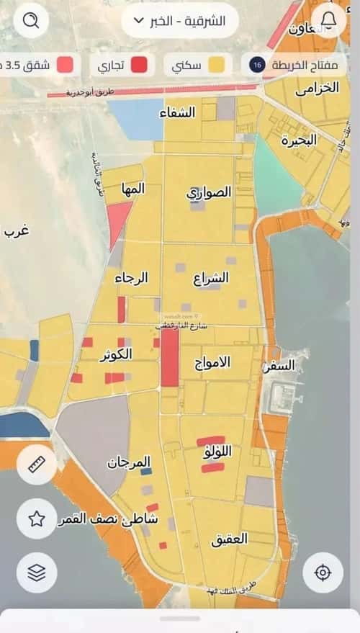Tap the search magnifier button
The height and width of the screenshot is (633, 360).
tap(31, 21)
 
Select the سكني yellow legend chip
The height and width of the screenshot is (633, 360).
tap(198, 66)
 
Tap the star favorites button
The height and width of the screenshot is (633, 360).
tap(37, 518)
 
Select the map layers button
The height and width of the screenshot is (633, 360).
tap(37, 573)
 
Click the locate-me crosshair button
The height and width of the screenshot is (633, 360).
tap(323, 573)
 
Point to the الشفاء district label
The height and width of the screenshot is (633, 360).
tap(179, 112)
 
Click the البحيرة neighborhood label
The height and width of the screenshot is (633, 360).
tap(299, 140)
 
